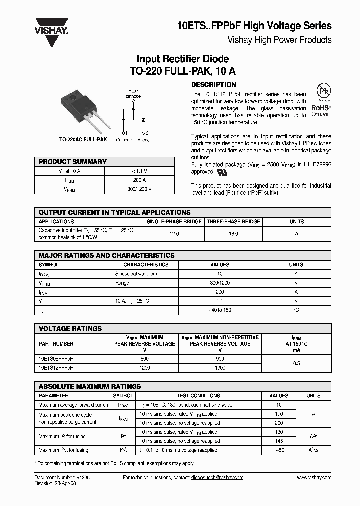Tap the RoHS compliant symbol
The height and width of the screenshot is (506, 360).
click(320, 102)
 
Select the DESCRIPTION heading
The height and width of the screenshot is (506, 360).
click(214, 85)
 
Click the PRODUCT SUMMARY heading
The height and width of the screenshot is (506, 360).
click(73, 162)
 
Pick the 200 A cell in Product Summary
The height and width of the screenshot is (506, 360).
click(139, 180)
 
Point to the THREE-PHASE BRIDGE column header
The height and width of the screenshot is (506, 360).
click(233, 221)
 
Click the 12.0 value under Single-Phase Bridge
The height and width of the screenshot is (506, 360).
click(174, 234)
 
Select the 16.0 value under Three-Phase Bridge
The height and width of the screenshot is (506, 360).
click(233, 234)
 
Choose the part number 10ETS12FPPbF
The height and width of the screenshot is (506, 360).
click(55, 367)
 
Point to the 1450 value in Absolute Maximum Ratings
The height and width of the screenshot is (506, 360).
click(279, 450)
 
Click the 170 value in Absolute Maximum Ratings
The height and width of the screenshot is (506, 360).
click(279, 414)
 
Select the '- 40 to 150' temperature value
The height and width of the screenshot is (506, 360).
click(220, 310)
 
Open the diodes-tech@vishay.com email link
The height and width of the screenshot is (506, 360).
click(217, 478)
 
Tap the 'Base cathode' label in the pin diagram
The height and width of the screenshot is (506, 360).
click(133, 93)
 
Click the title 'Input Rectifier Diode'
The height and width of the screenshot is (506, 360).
click(183, 59)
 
